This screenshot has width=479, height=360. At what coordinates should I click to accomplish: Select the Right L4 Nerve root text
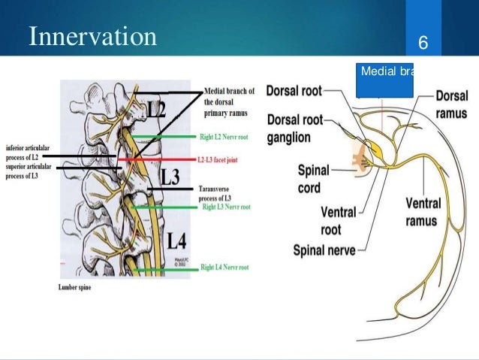(226, 267)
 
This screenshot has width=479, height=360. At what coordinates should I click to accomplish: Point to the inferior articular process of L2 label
(27, 151)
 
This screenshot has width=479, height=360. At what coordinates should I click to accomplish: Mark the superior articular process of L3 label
(29, 170)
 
